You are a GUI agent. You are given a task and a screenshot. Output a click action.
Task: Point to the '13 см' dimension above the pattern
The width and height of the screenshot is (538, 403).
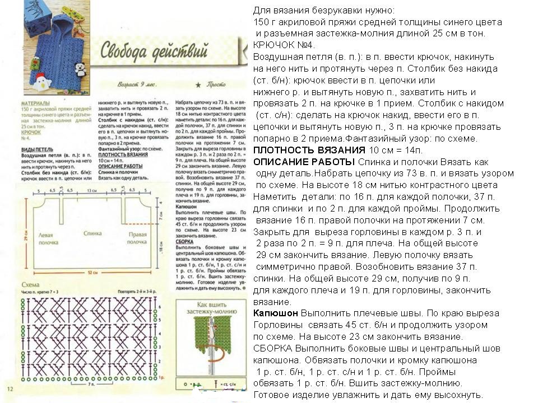[91, 191]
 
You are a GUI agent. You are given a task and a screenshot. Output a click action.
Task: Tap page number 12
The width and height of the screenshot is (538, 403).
[10, 388]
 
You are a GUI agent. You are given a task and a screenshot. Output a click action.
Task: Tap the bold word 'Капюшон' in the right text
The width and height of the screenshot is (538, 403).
[275, 313]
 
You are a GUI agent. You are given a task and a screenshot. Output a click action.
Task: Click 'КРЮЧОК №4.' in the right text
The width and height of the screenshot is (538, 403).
[284, 45]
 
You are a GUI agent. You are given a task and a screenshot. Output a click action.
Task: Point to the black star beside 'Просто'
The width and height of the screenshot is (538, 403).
[198, 85]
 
